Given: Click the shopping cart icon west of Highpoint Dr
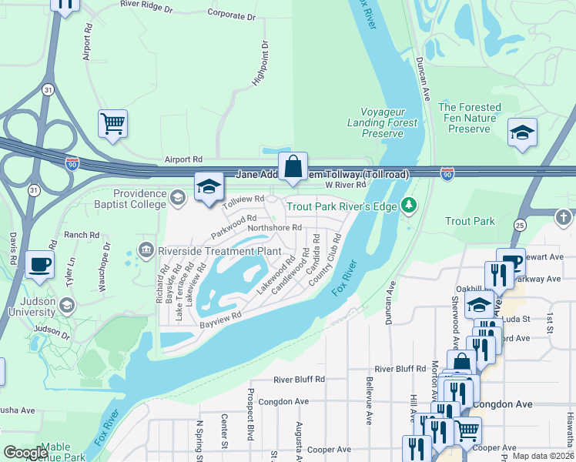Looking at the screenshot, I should click(x=112, y=123).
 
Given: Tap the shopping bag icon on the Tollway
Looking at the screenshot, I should click(x=293, y=166).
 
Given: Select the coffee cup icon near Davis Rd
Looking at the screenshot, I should click(x=39, y=264).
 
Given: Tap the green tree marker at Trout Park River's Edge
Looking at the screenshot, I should click(x=410, y=205).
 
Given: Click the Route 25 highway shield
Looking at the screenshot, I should click(x=520, y=225).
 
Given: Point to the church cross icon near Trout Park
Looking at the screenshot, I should click(x=563, y=217).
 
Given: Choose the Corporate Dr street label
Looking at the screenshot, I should click(x=231, y=14).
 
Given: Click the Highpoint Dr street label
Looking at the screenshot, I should click(x=260, y=63).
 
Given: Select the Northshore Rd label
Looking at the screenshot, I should click(x=274, y=228).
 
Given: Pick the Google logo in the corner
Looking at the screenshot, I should click(x=25, y=453).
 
